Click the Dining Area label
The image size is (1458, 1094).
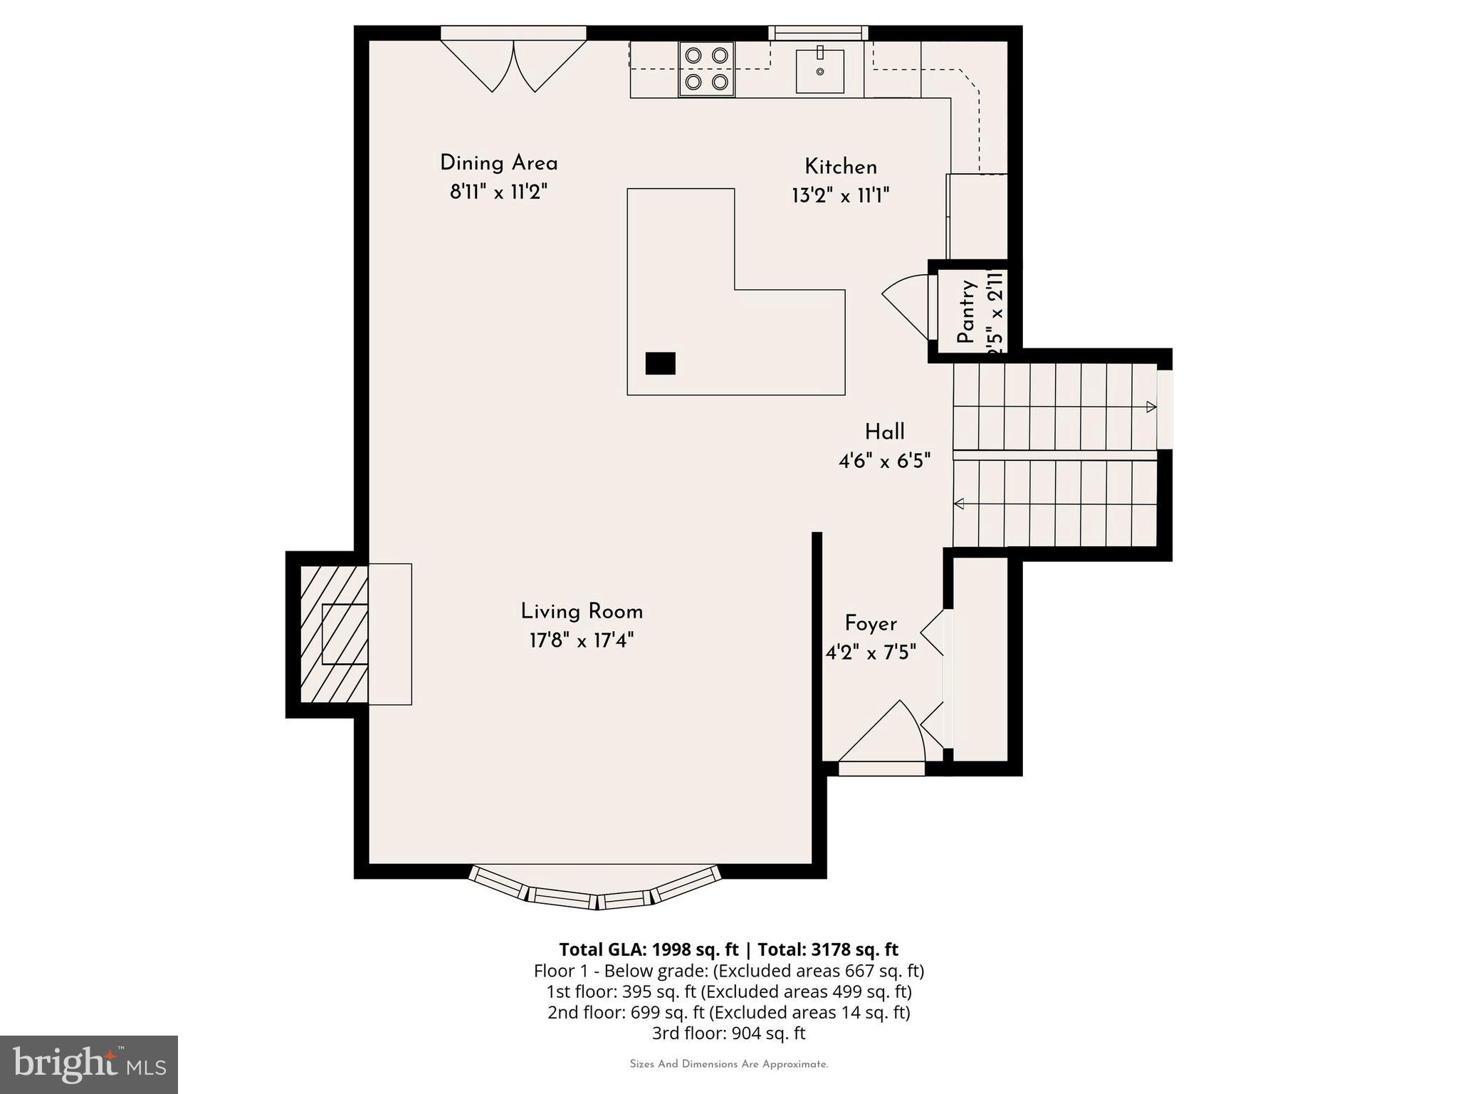point(498,163)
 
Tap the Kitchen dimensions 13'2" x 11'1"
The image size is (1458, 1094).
point(841,196)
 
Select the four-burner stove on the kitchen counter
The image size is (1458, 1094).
point(706,69)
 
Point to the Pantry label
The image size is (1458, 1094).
point(965,312)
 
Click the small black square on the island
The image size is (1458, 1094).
point(660,363)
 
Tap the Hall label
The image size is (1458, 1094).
point(884,432)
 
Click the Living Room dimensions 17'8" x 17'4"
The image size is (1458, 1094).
point(581,641)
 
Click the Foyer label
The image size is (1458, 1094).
point(870,624)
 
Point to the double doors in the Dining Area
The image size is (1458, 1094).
point(513,66)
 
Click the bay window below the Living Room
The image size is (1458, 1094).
point(594,890)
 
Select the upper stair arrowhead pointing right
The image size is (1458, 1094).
point(1150,407)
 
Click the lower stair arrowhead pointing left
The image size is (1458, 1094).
point(959,504)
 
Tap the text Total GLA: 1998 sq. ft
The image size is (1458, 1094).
point(649,949)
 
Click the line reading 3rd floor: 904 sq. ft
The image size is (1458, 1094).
point(728,1033)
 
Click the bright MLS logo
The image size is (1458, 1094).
point(89,1064)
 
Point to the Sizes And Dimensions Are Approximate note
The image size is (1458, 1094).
point(728,1064)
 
